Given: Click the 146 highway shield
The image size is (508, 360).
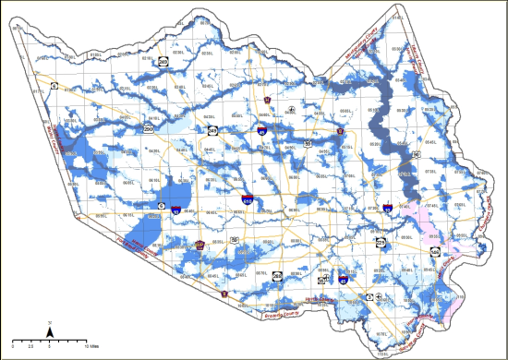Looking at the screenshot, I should (x=434, y=251).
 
